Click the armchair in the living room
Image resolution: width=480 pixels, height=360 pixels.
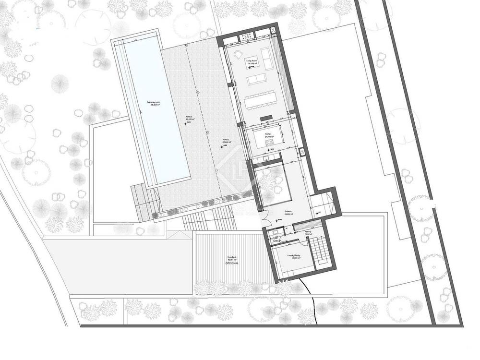tap(238, 56)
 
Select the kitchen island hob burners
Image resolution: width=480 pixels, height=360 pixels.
tap(269, 142)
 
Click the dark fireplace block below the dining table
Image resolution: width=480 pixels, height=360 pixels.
tap(266, 118)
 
